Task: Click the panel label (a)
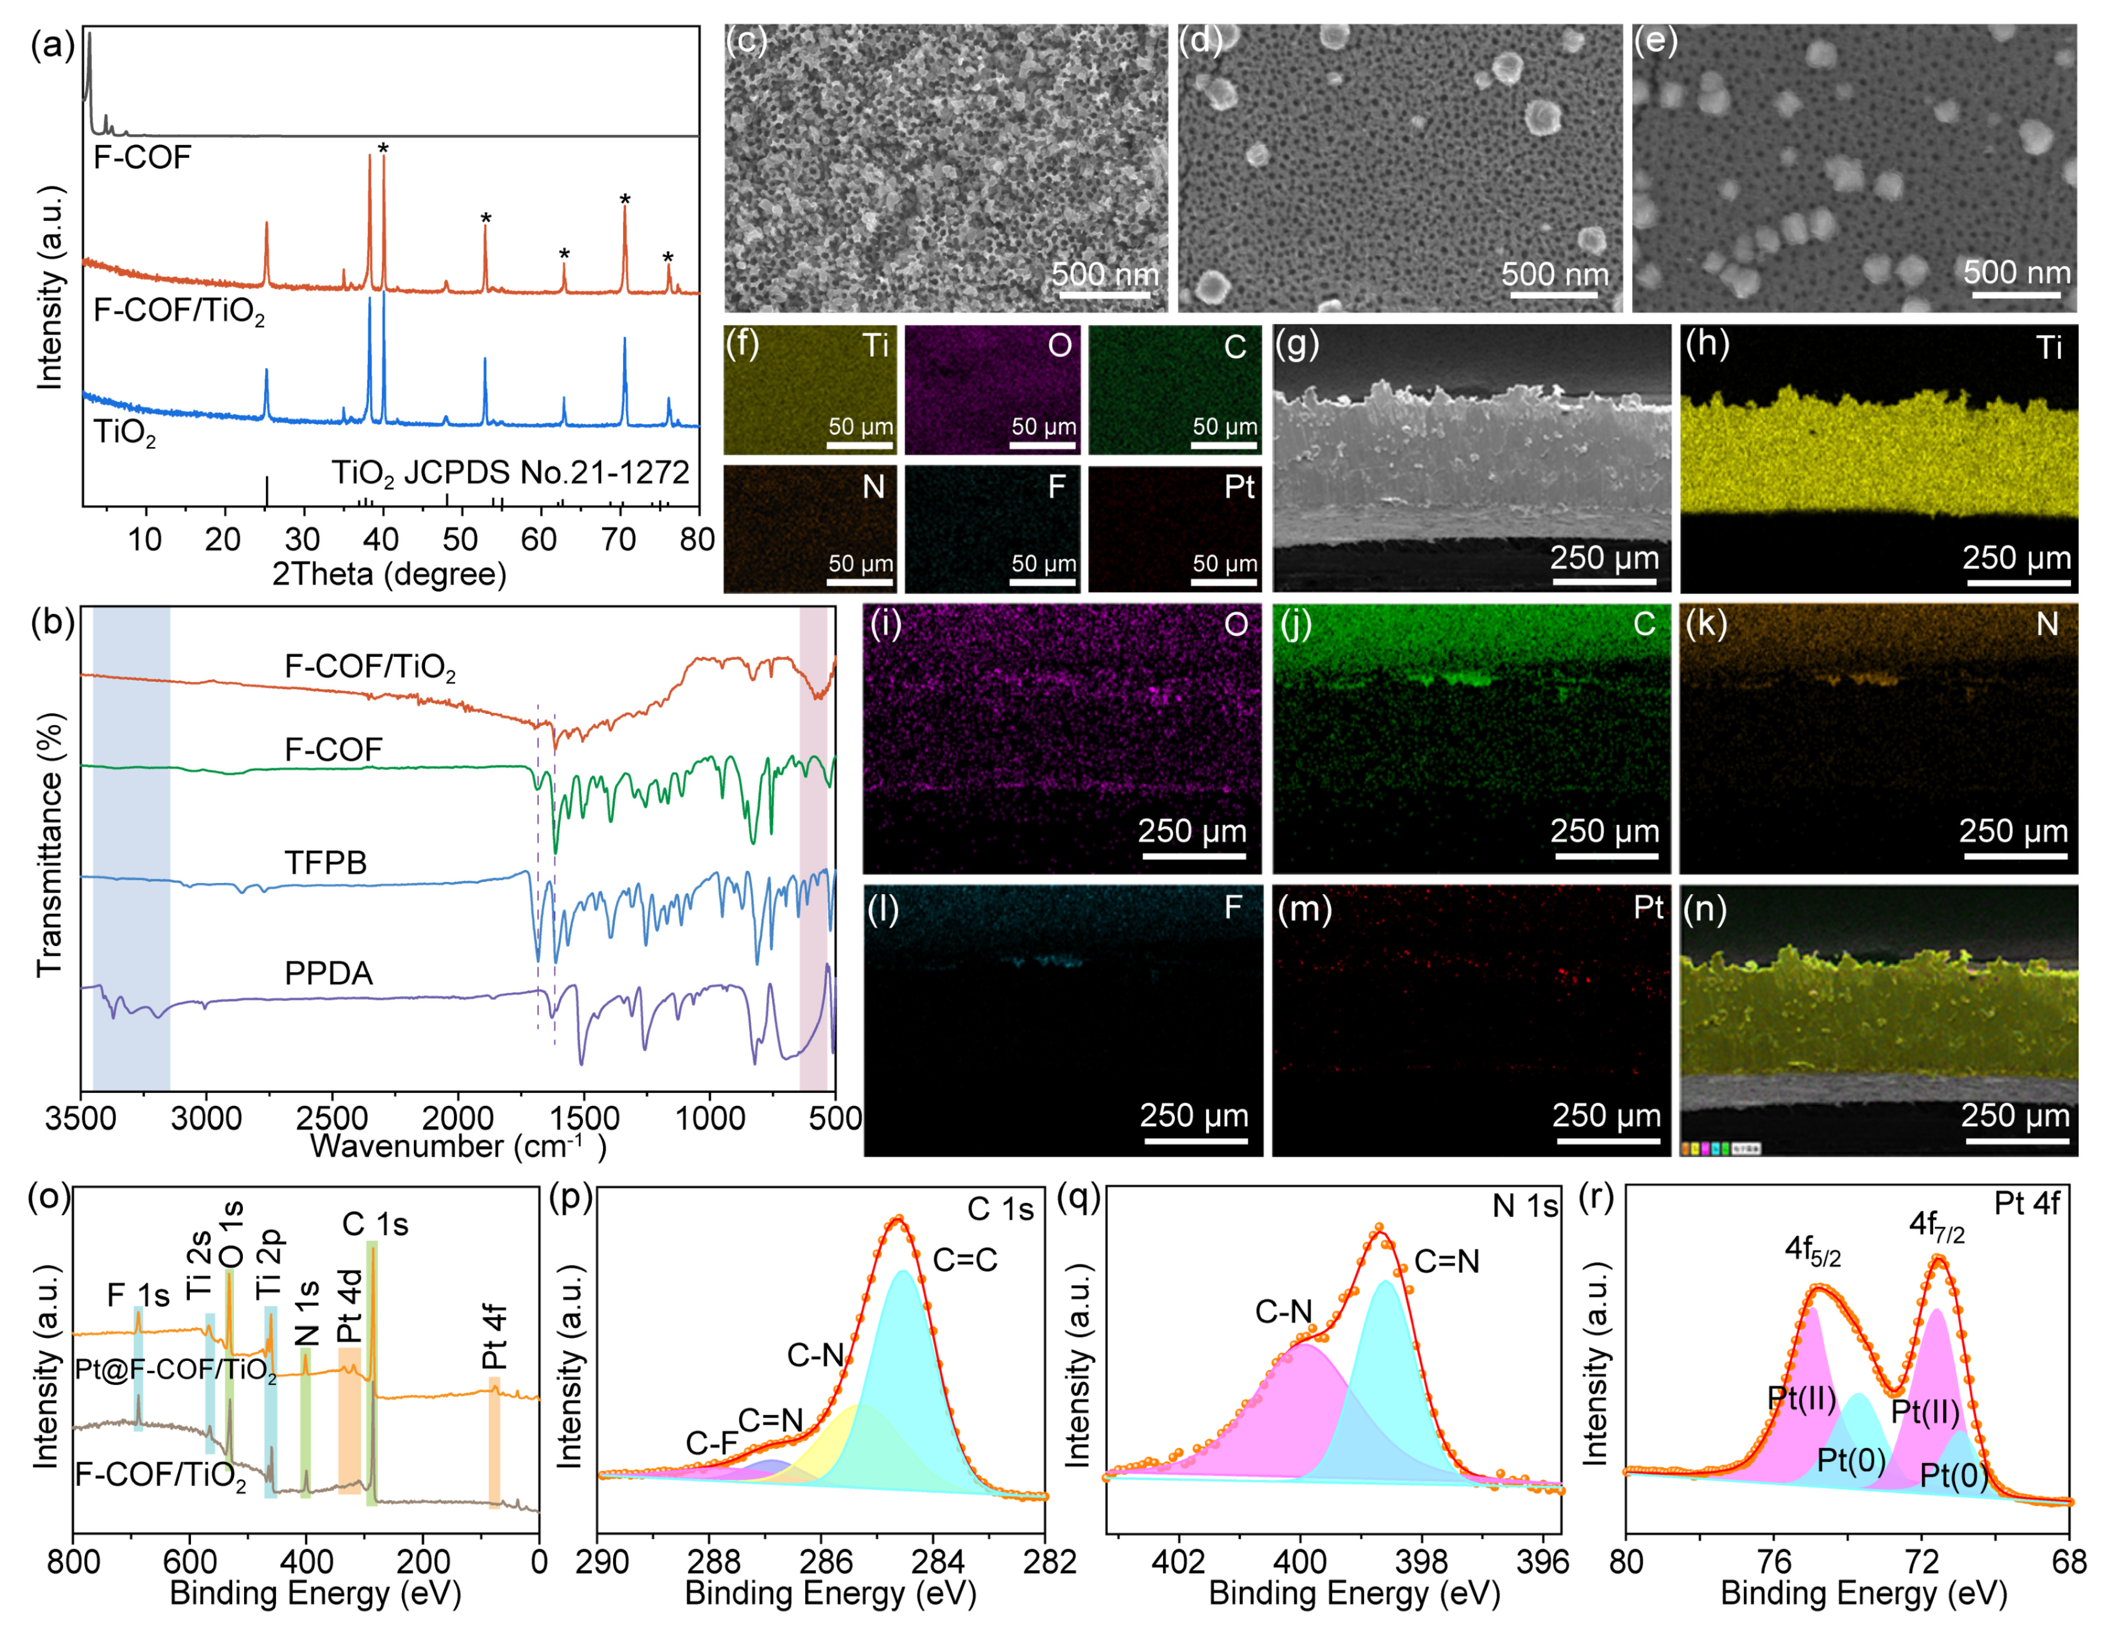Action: point(52,45)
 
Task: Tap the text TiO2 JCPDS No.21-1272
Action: point(510,472)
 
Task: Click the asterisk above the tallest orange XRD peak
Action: point(383,149)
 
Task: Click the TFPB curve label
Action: point(325,863)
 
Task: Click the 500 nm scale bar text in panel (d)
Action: point(1554,275)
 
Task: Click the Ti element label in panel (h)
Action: point(2048,348)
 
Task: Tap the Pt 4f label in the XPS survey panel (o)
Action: point(494,1336)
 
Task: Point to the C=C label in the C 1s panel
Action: point(965,1259)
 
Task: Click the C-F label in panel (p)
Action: point(711,1443)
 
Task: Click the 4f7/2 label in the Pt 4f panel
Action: point(1936,1227)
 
